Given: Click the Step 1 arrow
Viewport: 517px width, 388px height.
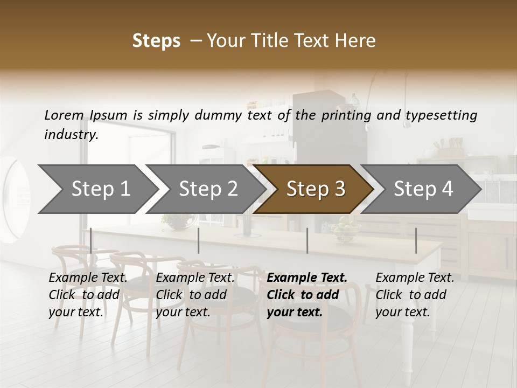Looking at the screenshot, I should tap(97, 189).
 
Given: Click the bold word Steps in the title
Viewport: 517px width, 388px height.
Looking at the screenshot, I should tap(156, 41).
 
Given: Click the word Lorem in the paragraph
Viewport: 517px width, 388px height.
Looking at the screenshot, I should tap(64, 115).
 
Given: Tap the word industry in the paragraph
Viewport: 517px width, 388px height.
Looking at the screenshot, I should tap(71, 135).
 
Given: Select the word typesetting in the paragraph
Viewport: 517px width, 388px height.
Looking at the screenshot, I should tap(441, 115).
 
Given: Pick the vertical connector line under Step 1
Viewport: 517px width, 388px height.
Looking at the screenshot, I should tap(90, 240).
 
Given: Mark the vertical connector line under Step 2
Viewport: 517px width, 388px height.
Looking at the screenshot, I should tap(199, 240).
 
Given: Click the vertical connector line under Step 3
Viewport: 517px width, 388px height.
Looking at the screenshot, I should tap(307, 240).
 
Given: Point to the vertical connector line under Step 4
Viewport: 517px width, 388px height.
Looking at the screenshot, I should tap(416, 240).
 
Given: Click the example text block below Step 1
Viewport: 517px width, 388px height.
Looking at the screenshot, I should tap(88, 295).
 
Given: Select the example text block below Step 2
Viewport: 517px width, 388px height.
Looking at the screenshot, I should tap(195, 295).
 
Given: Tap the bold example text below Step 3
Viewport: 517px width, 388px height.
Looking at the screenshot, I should tap(307, 295).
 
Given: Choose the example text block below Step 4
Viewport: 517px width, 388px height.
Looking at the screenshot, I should tap(415, 295).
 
